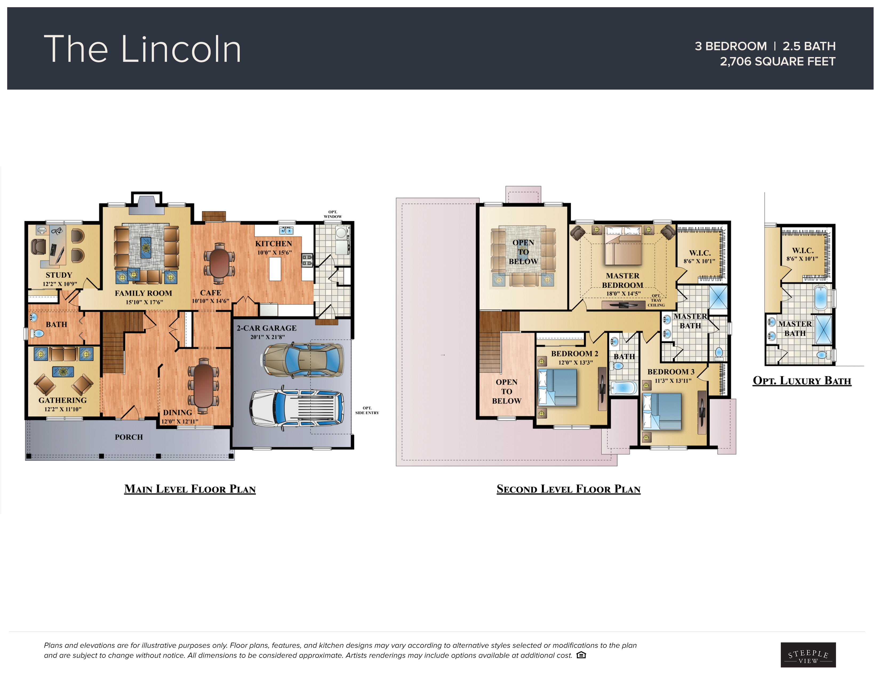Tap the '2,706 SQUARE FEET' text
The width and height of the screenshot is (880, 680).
click(x=777, y=62)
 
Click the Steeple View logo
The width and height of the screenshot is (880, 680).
click(x=808, y=655)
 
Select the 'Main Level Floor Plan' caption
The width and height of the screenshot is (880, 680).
click(x=190, y=489)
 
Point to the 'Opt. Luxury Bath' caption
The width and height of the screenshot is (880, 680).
click(x=802, y=381)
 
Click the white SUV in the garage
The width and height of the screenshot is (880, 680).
click(x=297, y=408)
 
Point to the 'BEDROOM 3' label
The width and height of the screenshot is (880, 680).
click(x=671, y=372)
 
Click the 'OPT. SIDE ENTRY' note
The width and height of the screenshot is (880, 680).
click(x=367, y=410)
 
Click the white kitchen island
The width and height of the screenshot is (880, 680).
click(x=275, y=269)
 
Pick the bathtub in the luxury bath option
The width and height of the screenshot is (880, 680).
click(x=820, y=297)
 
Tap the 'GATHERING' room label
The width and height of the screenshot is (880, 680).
click(x=62, y=400)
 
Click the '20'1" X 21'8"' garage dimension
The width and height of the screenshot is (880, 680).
click(x=267, y=337)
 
